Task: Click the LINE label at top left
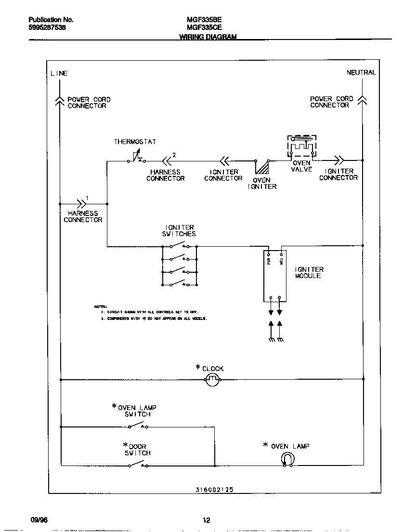[x=59, y=74]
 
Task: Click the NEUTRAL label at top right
[x=361, y=73]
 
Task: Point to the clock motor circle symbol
[x=213, y=380]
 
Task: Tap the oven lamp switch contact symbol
[x=138, y=426]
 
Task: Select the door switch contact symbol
[x=138, y=465]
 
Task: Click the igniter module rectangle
[x=275, y=276]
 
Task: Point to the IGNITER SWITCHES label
[x=179, y=231]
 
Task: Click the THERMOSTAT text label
[x=135, y=142]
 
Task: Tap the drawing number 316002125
[x=214, y=489]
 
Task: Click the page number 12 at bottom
[x=206, y=520]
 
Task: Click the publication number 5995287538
[x=47, y=28]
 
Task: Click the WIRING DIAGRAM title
[x=208, y=37]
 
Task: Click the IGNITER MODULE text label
[x=309, y=273]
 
